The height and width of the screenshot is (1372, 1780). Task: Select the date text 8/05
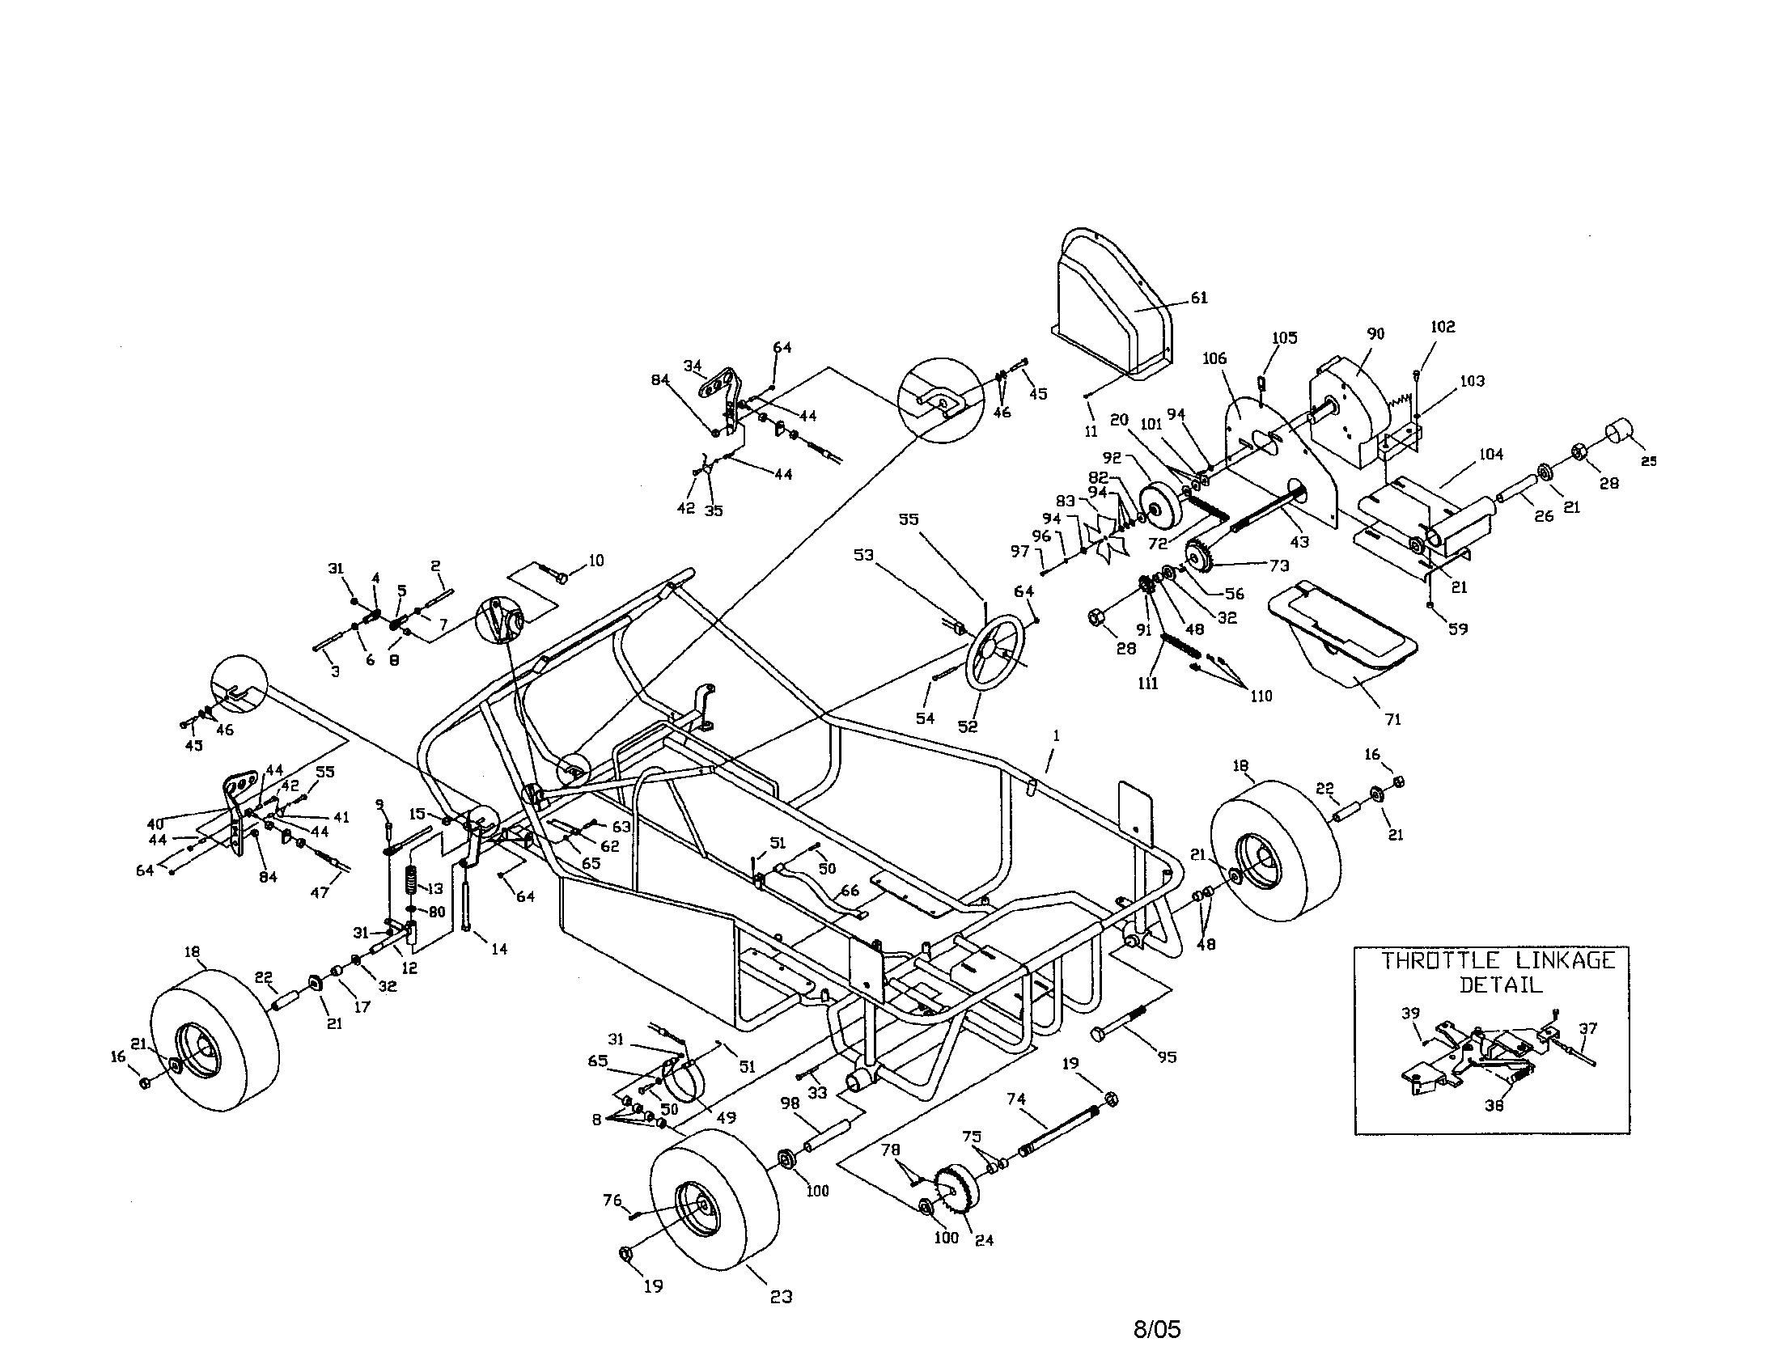[x=1156, y=1330]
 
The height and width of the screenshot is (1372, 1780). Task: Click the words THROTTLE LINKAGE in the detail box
[x=1497, y=961]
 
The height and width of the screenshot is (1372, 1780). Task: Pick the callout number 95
[x=1167, y=1057]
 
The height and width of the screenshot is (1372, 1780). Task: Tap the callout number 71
[x=1393, y=719]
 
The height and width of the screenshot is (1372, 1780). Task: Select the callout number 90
[x=1375, y=334]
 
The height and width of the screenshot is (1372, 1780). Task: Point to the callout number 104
[x=1490, y=455]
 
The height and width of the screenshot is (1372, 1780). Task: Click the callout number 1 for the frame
[x=1056, y=735]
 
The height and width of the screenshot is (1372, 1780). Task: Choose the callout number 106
[x=1214, y=358]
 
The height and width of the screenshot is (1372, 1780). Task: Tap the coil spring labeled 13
[x=413, y=881]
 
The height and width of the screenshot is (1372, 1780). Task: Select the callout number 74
[x=1016, y=1099]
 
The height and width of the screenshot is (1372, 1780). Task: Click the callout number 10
[x=595, y=561]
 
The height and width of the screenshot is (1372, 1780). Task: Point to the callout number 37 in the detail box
[x=1588, y=1028]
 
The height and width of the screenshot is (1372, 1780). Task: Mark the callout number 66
[x=850, y=891]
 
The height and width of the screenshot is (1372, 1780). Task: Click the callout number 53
[x=863, y=556]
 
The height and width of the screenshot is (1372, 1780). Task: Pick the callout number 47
[x=320, y=892]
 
